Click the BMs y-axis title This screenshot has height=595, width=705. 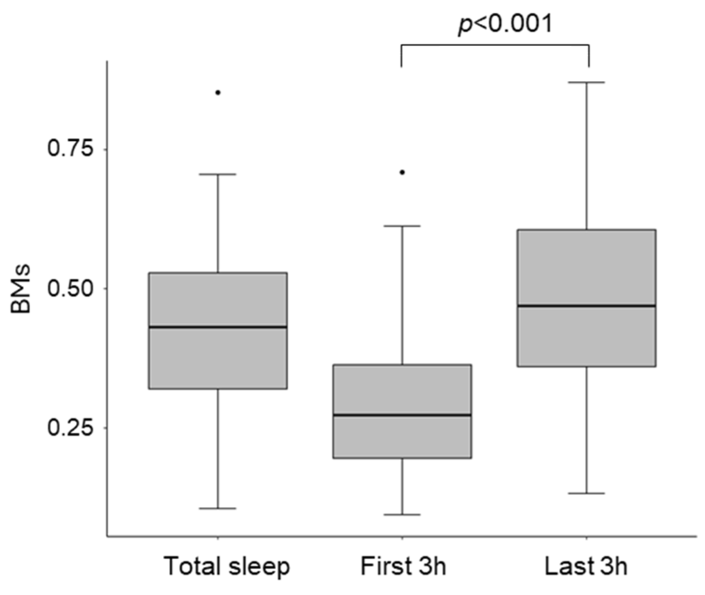pyautogui.click(x=21, y=288)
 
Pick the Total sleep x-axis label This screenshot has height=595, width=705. pyautogui.click(x=227, y=566)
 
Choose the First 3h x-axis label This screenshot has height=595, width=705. pyautogui.click(x=403, y=566)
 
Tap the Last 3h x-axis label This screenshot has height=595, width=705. pyautogui.click(x=586, y=566)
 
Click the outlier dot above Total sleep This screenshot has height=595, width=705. pyautogui.click(x=218, y=92)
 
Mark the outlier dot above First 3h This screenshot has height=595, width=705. pyautogui.click(x=402, y=172)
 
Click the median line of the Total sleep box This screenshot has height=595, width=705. pyautogui.click(x=218, y=327)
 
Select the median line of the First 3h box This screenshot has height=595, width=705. pyautogui.click(x=402, y=415)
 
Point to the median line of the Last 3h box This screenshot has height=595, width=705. pyautogui.click(x=587, y=306)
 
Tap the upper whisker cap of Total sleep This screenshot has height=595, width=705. pyautogui.click(x=218, y=174)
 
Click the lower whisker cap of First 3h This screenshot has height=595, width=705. pyautogui.click(x=402, y=515)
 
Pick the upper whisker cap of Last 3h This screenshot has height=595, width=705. pyautogui.click(x=587, y=82)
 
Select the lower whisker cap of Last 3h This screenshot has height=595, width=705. pyautogui.click(x=587, y=493)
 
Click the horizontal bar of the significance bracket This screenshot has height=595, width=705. pyautogui.click(x=495, y=44)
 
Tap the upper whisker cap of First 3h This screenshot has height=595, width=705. pyautogui.click(x=402, y=226)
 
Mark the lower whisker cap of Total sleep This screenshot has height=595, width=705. pyautogui.click(x=218, y=508)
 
